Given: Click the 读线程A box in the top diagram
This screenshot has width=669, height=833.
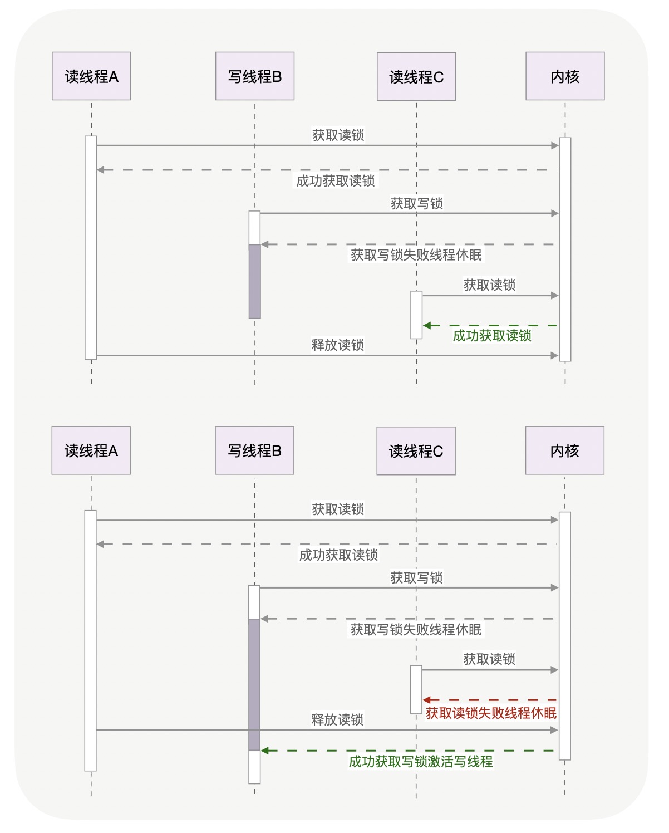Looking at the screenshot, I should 91,76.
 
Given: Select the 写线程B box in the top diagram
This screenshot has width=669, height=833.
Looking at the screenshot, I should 255,76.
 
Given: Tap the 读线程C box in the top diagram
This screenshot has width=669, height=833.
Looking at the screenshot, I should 416,77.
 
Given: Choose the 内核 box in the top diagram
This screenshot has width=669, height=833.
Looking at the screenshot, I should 565,76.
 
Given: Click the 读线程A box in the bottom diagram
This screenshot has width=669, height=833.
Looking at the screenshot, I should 91,450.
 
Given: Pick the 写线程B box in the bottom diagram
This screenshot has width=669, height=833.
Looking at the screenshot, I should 254,450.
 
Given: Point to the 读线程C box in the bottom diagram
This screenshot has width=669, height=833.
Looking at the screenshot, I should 416,451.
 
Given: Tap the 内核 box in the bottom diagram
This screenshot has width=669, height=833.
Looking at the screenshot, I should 564,450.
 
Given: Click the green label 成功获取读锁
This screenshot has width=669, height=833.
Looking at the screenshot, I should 492,336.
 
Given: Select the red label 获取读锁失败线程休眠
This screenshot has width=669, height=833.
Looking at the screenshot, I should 491,713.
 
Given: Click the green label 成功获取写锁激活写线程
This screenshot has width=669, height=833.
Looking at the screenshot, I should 420,762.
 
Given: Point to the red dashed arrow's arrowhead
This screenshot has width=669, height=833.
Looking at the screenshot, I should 427,700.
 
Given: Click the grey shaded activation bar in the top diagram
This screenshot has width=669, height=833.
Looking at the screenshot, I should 255,281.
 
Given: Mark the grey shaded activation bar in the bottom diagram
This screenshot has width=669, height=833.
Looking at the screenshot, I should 254,684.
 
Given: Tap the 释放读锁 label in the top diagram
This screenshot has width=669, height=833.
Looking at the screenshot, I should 337,345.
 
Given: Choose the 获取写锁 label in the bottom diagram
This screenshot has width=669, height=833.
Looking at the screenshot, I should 416,578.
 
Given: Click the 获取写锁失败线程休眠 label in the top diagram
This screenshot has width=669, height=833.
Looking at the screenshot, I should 416,255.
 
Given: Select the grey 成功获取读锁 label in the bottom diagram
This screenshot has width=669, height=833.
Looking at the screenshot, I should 338,555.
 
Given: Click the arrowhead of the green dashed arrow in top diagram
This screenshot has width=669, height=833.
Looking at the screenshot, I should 427,325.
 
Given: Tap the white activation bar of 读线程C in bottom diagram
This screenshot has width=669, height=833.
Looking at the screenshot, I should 416,689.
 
